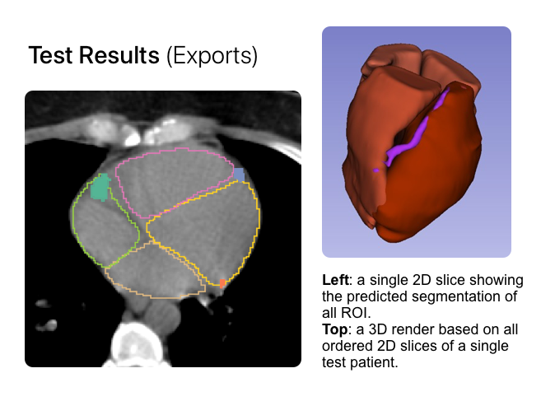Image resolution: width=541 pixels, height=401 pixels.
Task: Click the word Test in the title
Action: [51, 55]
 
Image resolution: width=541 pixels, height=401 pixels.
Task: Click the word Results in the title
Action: [119, 55]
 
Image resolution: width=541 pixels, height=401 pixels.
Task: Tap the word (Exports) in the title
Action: [212, 56]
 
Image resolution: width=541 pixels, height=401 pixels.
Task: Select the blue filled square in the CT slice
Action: [239, 175]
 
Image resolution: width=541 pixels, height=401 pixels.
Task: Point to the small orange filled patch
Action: [222, 283]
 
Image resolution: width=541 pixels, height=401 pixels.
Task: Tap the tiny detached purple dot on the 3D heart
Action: [375, 170]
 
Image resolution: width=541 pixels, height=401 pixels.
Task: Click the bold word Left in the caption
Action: [335, 280]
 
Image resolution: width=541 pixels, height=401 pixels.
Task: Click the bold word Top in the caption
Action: [334, 329]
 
